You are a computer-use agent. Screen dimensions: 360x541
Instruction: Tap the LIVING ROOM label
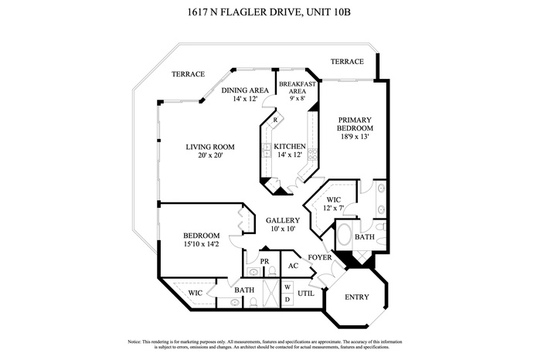pyautogui.click(x=209, y=147)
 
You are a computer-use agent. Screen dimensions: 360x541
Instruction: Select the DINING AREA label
pyautogui.click(x=244, y=90)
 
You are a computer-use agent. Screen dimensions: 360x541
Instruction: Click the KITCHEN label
pyautogui.click(x=291, y=146)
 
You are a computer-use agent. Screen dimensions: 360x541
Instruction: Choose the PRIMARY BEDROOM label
pyautogui.click(x=356, y=124)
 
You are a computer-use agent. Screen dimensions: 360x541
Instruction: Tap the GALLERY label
pyautogui.click(x=282, y=220)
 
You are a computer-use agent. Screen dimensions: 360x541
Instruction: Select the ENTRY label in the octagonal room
pyautogui.click(x=356, y=297)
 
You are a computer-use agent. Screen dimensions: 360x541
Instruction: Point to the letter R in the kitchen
pyautogui.click(x=275, y=121)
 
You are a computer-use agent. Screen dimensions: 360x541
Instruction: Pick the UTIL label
pyautogui.click(x=305, y=293)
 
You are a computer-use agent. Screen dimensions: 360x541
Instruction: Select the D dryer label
pyautogui.click(x=288, y=299)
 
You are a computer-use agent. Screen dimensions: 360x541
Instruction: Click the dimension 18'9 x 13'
pyautogui.click(x=356, y=137)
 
